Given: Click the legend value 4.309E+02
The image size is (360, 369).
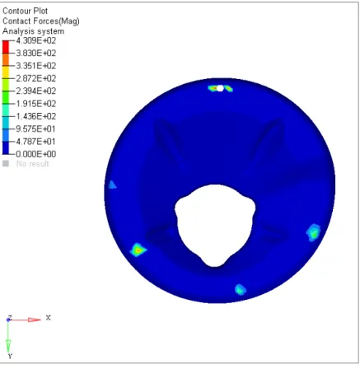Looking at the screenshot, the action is click(x=36, y=40).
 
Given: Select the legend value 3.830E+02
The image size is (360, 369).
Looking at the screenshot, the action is click(x=36, y=53).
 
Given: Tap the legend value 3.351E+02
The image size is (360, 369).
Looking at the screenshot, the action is click(x=36, y=66).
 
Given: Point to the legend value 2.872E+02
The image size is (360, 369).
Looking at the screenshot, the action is click(x=36, y=78).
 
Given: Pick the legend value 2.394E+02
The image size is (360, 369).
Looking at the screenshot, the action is click(x=36, y=91).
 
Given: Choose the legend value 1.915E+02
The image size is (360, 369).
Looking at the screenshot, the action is click(x=36, y=104).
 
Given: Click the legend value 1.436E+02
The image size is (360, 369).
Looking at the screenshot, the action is click(x=36, y=116).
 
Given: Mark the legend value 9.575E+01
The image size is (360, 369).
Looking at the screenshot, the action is click(x=36, y=128).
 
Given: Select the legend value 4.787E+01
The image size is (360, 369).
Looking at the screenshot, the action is click(x=36, y=142).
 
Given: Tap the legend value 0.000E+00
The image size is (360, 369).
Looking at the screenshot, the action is click(x=36, y=154).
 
